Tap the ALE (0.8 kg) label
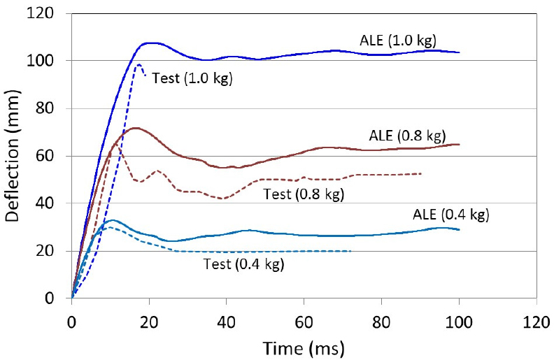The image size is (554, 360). point(408,135)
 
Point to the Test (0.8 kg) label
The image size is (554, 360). point(303,192)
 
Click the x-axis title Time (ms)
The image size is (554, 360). point(304,346)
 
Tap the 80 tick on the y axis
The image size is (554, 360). point(54,108)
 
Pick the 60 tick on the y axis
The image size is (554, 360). point(54,156)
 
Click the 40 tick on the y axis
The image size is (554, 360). point(54,203)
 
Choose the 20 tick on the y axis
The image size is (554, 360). point(54,251)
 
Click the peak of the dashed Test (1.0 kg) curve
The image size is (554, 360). point(138,65)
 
